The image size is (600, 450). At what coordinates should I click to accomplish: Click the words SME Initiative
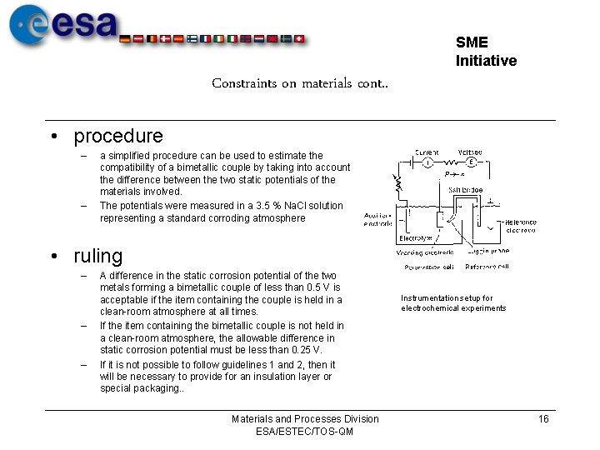point(486,52)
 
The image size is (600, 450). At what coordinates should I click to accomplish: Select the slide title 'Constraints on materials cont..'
point(300,83)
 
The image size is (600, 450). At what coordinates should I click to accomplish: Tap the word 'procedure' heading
point(118,135)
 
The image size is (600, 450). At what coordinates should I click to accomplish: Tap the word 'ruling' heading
point(97,256)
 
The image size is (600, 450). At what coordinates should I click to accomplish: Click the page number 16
point(543,419)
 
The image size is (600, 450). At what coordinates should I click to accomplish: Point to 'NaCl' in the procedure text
point(297,206)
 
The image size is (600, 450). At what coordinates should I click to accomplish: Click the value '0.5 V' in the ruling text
point(321,287)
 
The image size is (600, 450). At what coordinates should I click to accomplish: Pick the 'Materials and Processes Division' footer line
point(305,419)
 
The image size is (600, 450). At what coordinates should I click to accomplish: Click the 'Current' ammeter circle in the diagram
point(427,162)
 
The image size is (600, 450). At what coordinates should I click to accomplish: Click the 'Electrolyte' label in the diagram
point(414,239)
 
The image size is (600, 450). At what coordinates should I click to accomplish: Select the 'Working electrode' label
point(425,252)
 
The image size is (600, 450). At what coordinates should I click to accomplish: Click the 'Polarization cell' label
point(429,267)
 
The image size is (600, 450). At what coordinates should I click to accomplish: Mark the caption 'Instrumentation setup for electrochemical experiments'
point(452,303)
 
